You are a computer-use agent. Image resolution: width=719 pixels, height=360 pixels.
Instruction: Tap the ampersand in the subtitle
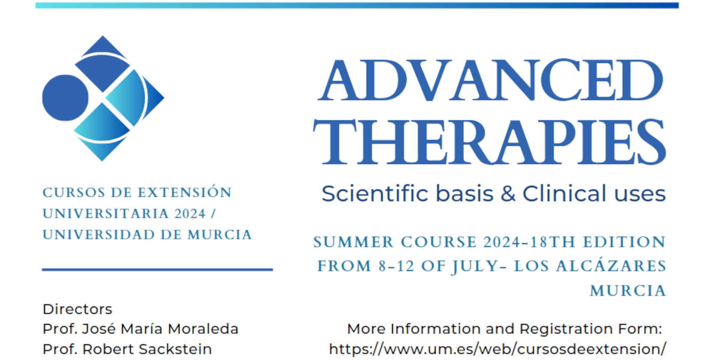[x=507, y=194]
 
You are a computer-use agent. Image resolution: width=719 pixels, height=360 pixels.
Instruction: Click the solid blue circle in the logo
[x=65, y=98]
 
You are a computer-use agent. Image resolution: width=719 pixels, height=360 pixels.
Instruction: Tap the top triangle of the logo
[x=103, y=46]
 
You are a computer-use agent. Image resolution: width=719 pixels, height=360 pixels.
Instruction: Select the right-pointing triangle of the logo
[x=154, y=98]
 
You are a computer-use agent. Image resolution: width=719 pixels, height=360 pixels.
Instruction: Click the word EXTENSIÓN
[x=185, y=192]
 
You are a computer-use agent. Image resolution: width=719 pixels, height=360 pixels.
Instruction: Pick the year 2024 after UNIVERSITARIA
[x=190, y=214]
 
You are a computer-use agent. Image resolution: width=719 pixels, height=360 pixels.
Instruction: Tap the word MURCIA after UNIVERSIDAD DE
[x=220, y=235]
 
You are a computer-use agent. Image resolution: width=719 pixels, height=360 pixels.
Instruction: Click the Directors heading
[x=78, y=309]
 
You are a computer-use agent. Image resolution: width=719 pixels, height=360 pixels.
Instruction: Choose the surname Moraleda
[x=203, y=329]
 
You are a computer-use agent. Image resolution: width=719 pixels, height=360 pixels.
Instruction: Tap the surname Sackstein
[x=175, y=349]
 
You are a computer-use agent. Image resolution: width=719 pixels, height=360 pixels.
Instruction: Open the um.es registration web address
[x=498, y=349]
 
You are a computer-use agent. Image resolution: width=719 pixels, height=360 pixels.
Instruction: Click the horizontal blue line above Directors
[x=157, y=269]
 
